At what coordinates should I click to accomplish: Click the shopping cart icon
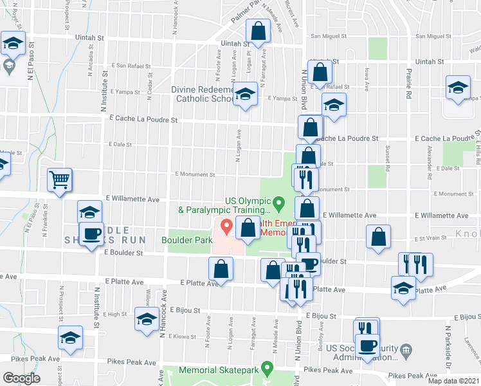[59, 181]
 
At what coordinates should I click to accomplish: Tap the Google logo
[21, 378]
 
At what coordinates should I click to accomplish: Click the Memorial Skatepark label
[219, 371]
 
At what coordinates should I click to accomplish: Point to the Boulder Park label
[187, 240]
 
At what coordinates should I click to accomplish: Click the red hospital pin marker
[226, 227]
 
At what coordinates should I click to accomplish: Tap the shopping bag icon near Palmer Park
[258, 31]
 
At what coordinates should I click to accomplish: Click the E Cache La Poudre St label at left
[143, 120]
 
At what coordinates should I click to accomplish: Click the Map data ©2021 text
[453, 381]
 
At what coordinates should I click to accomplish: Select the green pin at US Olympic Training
[278, 204]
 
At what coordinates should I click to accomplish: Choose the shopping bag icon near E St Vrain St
[379, 236]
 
